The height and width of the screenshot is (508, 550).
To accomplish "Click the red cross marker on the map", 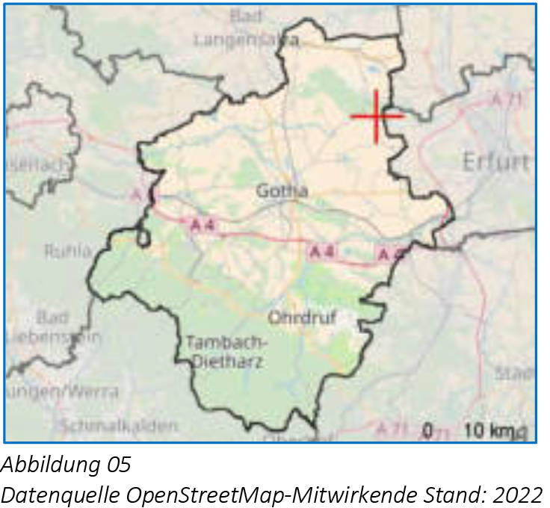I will tap(376, 116).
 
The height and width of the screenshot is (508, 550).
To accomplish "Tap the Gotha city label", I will tap(282, 191).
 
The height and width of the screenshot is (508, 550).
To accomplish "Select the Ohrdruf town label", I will tap(302, 318).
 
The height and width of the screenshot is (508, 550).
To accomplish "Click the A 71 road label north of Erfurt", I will tap(506, 99).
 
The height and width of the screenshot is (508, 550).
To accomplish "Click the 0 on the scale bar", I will tap(428, 430).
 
